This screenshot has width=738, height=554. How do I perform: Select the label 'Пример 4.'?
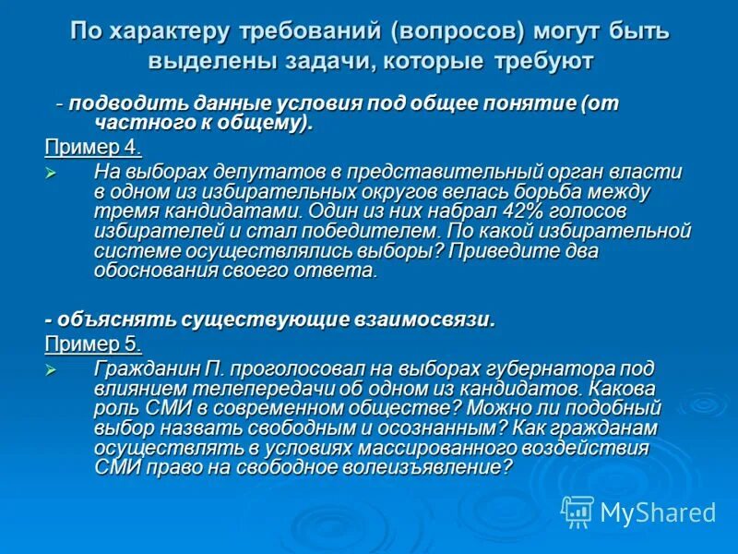(x=93, y=148)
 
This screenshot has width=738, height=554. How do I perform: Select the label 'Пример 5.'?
(x=93, y=344)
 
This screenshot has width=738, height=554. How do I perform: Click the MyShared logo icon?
(x=577, y=511)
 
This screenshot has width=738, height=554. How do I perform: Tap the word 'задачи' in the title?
(x=318, y=62)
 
